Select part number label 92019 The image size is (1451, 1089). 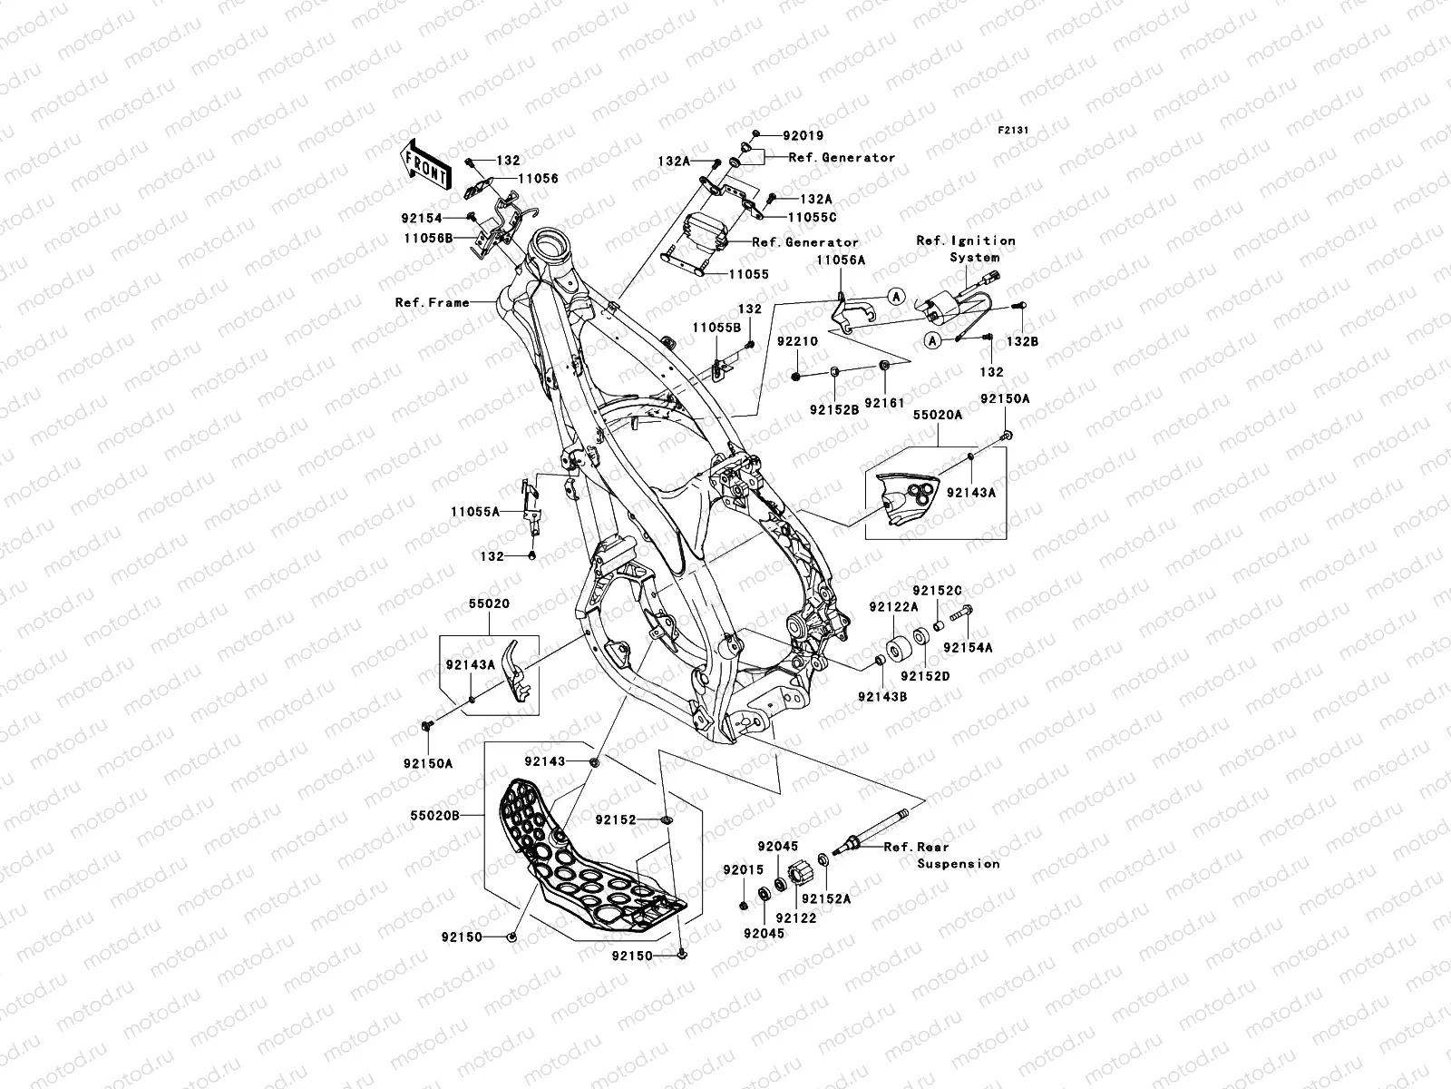[x=803, y=136]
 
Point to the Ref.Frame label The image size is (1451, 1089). [x=432, y=302]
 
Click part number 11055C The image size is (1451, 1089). [x=812, y=218]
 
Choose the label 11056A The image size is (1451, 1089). [x=840, y=260]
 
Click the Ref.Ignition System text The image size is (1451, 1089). [x=966, y=249]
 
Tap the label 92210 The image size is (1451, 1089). [x=796, y=341]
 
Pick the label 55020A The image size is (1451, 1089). [x=937, y=414]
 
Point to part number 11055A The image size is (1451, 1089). [x=475, y=512]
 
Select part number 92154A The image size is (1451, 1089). [x=968, y=648]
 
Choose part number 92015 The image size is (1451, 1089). [x=743, y=869]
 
